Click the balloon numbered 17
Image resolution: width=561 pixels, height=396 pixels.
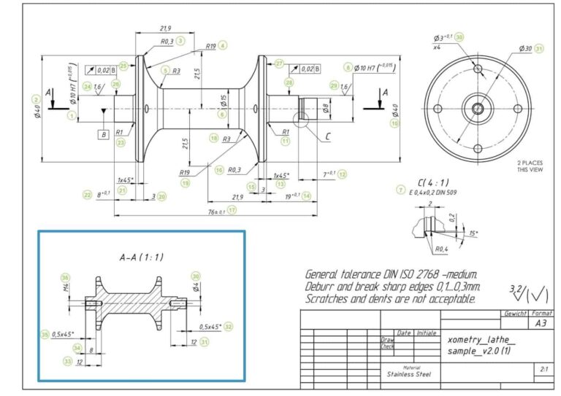pos(232,210)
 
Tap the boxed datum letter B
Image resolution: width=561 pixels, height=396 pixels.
pos(104,134)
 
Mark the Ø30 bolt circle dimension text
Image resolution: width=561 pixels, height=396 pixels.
pos(524,49)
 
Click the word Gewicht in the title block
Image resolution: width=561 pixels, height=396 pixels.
pos(516,314)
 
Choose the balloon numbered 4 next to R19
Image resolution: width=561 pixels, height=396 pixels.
pos(223,45)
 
